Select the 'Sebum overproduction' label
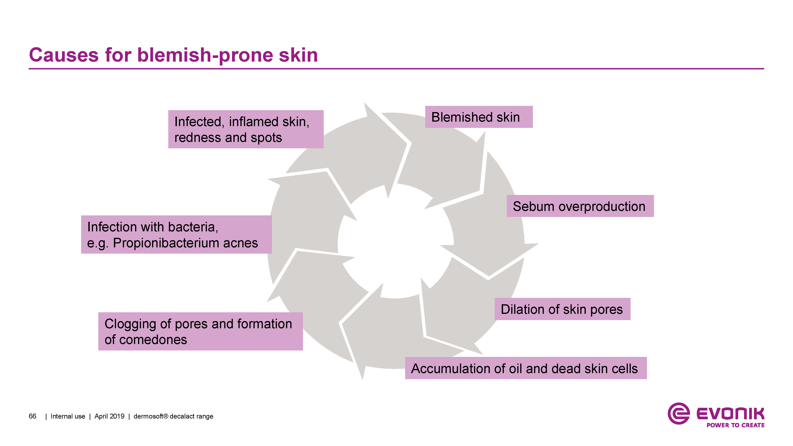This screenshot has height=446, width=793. tap(580, 206)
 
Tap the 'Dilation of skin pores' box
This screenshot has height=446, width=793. tap(562, 309)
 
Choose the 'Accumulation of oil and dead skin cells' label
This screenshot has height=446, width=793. tap(525, 368)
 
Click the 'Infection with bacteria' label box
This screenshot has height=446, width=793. tap(176, 235)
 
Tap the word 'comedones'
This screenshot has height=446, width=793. tap(153, 340)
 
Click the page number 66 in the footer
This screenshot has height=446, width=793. tap(32, 416)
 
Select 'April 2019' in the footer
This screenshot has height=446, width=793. tap(109, 416)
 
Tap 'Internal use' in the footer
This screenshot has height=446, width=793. tap(68, 416)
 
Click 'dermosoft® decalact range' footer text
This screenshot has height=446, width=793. tap(173, 416)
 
